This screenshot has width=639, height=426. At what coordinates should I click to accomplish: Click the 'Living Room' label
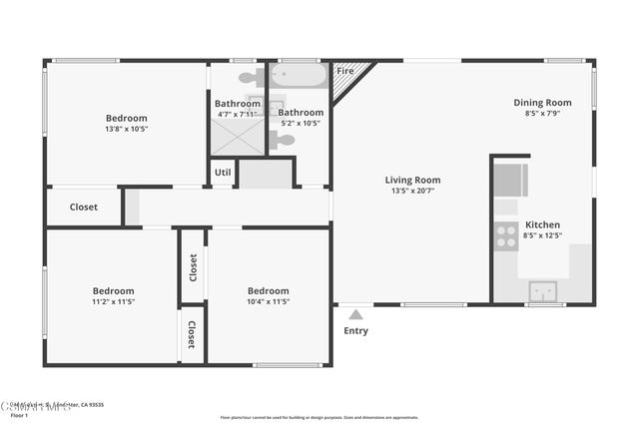tap(412, 181)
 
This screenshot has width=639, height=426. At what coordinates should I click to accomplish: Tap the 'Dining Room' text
tap(542, 102)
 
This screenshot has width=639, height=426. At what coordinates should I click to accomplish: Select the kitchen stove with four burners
tap(506, 235)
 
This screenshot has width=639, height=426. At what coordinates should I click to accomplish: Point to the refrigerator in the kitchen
tap(510, 181)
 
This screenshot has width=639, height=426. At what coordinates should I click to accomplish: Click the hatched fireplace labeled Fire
tap(349, 80)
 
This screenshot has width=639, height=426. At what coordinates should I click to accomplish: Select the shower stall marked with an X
tap(237, 136)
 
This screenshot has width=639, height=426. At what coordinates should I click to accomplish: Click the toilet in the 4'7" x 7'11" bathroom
tap(250, 77)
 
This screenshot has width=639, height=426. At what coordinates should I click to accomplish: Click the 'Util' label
tap(223, 173)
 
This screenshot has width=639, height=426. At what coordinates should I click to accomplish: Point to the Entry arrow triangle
tap(355, 314)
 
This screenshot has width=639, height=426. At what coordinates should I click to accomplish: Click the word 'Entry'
tap(355, 330)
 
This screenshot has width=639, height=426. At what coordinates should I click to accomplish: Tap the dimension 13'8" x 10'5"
tap(127, 129)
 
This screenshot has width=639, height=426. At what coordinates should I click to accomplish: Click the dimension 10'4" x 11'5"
tap(268, 301)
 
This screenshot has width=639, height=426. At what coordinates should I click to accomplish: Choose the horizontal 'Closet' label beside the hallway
tap(84, 208)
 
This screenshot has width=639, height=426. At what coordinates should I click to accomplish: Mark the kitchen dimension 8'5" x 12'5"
tap(542, 235)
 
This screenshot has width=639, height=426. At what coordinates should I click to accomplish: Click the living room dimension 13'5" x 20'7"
tap(412, 192)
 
